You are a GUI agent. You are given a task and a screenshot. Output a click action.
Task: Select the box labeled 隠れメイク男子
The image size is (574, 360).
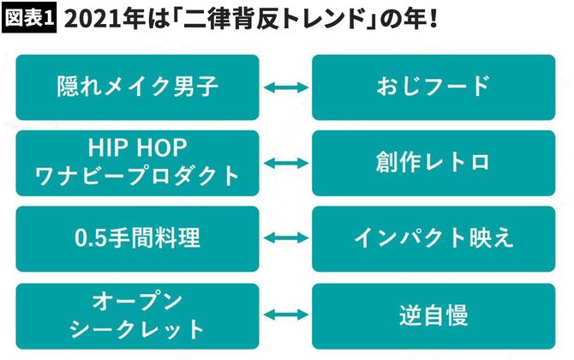click(x=137, y=87)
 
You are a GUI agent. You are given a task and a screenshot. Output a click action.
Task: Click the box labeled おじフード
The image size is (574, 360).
click(x=433, y=87)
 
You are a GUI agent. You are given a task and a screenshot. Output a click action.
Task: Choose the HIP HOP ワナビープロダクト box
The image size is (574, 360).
click(x=137, y=163)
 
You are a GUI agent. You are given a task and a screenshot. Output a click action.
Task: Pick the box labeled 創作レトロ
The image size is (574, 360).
click(x=433, y=163)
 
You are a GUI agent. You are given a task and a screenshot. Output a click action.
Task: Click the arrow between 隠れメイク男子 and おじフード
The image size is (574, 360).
click(x=285, y=87)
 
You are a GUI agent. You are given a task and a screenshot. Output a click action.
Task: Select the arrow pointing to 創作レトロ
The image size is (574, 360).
click(x=285, y=163)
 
